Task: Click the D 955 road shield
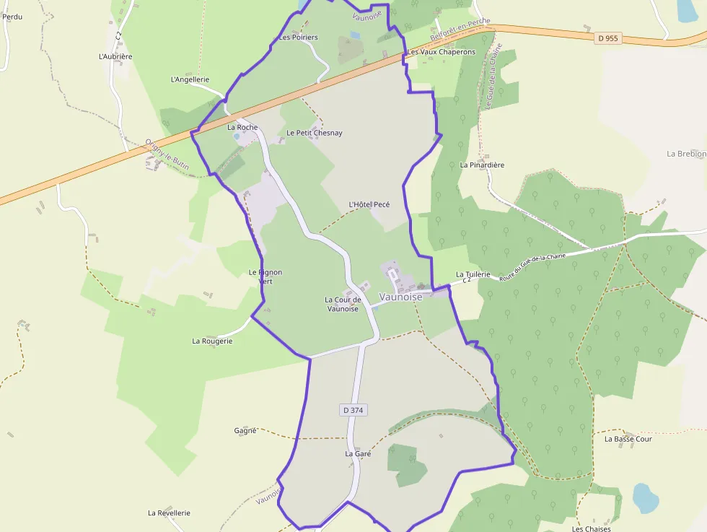point(608,38)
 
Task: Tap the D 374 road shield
point(353,410)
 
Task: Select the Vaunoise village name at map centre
point(400,297)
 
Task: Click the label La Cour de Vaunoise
point(343,304)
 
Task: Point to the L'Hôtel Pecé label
point(369,204)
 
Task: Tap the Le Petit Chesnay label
point(314,133)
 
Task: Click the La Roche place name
point(242,127)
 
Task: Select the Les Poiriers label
point(298,37)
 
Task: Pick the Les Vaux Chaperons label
point(442,52)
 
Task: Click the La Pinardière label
point(482,165)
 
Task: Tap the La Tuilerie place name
point(473,274)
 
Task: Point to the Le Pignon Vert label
point(265,276)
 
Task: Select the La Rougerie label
point(212,341)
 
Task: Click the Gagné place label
point(245,430)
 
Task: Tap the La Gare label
point(358,454)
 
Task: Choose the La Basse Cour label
point(628,438)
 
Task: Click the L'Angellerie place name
point(190,79)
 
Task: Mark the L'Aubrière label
point(115,56)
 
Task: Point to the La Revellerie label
point(169,513)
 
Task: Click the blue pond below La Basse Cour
point(646,497)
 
